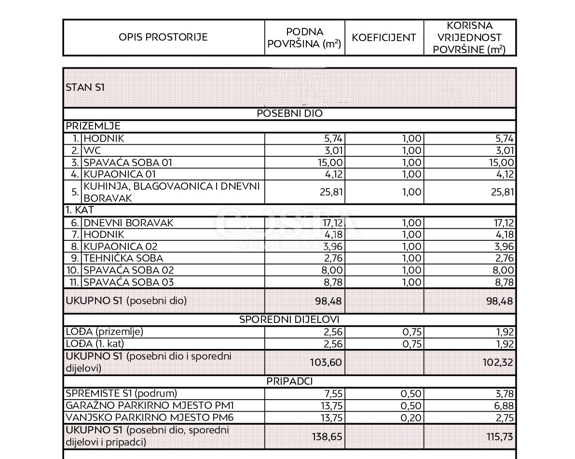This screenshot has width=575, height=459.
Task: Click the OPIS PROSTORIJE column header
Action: [163, 38]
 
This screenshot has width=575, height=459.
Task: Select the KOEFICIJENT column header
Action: [384, 38]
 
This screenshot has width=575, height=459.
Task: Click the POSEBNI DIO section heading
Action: [289, 113]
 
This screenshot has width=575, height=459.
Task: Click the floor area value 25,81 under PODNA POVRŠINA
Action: [330, 192]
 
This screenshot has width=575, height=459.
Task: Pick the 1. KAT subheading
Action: [80, 211]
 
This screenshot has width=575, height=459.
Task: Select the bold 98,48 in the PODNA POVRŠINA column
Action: [330, 302]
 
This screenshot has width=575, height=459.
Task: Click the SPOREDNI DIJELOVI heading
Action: [289, 320]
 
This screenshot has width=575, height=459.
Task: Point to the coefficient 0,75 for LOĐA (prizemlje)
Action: [411, 332]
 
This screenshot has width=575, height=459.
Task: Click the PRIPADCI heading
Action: [289, 381]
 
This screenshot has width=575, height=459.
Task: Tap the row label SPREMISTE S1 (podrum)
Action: [122, 393]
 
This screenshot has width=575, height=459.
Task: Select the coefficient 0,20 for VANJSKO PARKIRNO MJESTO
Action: [411, 418]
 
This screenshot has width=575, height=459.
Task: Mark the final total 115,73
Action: [499, 436]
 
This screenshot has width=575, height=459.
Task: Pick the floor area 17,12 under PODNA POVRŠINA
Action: [330, 223]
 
